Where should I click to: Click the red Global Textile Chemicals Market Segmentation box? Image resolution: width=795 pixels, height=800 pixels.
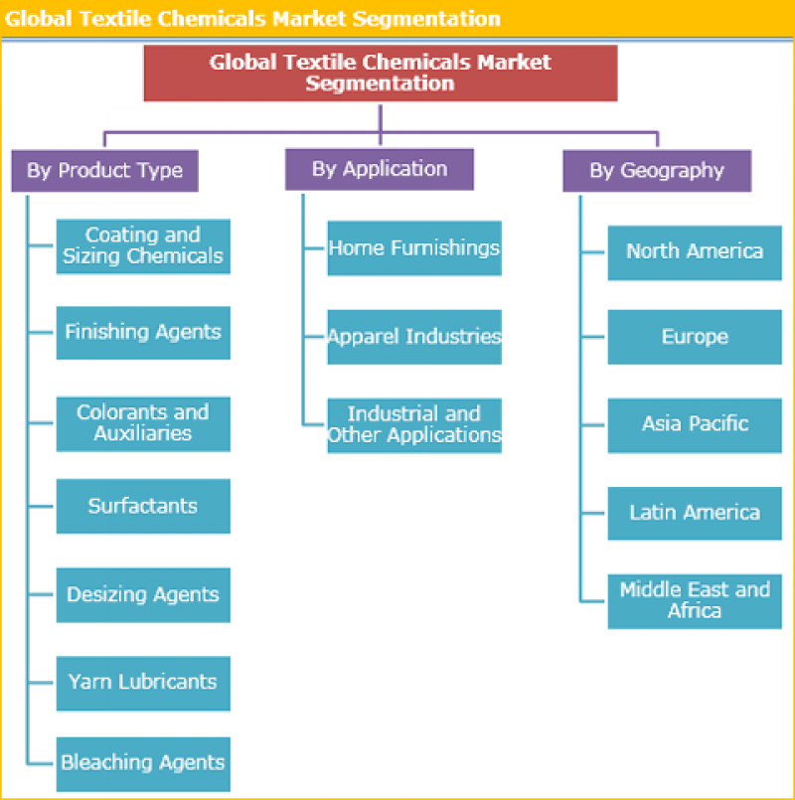[380, 73]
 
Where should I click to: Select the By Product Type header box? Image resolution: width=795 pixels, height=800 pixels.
[104, 170]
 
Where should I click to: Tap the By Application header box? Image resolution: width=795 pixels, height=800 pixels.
[380, 169]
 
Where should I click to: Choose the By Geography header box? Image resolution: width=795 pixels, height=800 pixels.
[657, 170]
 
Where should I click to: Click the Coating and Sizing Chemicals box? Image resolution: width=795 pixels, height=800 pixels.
[143, 245]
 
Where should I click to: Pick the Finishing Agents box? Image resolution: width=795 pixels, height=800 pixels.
[143, 332]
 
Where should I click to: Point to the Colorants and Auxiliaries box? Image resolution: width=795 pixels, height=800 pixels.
[143, 423]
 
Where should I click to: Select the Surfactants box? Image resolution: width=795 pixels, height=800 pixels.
[143, 506]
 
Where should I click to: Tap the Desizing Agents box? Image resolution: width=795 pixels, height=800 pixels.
[143, 594]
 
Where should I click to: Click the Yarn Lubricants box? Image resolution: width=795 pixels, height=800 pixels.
[143, 683]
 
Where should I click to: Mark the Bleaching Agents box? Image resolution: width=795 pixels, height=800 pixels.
[143, 763]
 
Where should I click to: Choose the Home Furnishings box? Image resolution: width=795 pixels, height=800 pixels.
[414, 247]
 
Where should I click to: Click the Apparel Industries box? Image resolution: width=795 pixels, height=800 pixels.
[414, 337]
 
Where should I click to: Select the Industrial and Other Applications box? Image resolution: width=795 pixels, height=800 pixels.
[414, 425]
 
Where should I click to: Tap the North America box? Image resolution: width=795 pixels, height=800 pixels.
[695, 251]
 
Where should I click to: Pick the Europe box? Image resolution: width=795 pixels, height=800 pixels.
[695, 337]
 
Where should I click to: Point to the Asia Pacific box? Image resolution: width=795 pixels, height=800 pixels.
[695, 424]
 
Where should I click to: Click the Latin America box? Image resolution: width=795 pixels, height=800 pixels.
[695, 513]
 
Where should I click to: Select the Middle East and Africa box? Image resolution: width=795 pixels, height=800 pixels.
[695, 600]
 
